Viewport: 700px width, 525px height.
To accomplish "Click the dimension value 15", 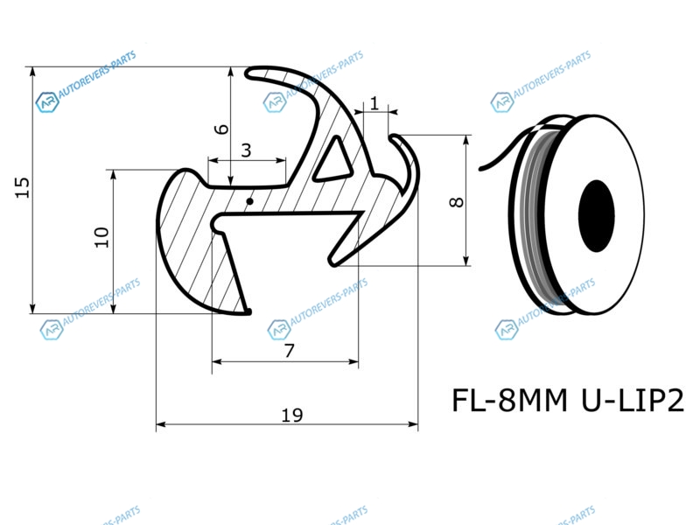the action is (x=23, y=187).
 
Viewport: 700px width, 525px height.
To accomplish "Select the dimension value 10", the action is (x=101, y=237).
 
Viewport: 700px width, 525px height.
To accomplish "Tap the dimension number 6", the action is (x=221, y=129).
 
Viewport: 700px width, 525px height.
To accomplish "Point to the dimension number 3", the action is (x=246, y=150).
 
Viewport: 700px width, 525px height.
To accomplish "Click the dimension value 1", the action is (x=374, y=103).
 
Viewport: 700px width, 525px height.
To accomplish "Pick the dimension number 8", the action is (x=456, y=202).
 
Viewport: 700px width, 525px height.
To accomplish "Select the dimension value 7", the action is (x=290, y=351).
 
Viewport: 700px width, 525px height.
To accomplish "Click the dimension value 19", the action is (x=292, y=416).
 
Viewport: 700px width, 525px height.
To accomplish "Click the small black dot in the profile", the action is (x=250, y=202).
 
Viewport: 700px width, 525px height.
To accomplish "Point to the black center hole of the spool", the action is (x=597, y=216).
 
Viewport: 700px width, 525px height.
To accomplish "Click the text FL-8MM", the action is (x=509, y=401).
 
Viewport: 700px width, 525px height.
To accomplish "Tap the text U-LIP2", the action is (x=633, y=401).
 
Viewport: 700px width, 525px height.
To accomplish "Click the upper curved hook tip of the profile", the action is (x=251, y=73).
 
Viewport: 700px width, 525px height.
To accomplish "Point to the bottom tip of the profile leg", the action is (x=248, y=311).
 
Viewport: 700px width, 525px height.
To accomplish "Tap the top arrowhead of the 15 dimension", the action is (x=32, y=72).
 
